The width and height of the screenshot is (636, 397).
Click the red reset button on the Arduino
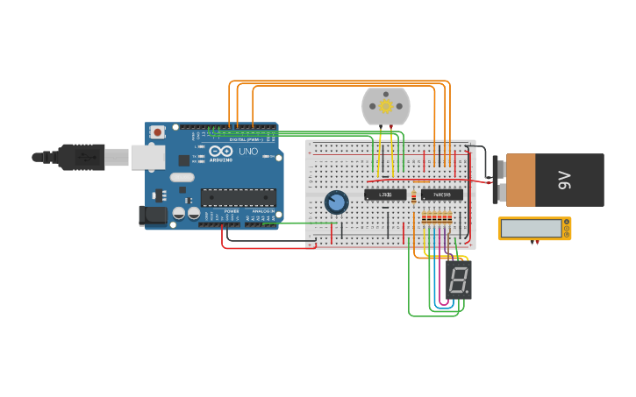click(x=157, y=132)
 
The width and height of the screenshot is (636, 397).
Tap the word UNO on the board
click(x=248, y=152)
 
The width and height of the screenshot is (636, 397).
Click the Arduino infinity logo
click(x=221, y=152)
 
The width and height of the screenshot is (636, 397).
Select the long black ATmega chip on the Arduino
click(x=238, y=197)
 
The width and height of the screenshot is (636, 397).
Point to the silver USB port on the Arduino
click(x=147, y=157)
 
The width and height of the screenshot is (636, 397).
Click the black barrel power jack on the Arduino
click(x=154, y=215)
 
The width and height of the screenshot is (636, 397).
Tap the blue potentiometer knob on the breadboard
click(x=336, y=202)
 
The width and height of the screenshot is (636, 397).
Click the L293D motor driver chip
click(x=385, y=195)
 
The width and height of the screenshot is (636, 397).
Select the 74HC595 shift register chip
click(x=441, y=195)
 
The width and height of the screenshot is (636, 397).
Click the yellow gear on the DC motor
click(x=386, y=106)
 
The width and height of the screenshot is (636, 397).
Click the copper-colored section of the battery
click(x=520, y=181)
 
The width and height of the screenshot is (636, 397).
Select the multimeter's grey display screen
click(x=532, y=229)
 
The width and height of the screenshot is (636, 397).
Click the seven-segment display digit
click(x=458, y=280)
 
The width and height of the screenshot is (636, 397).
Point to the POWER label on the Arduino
click(x=232, y=211)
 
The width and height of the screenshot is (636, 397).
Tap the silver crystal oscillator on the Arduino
click(x=182, y=177)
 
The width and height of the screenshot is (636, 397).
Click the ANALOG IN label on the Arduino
click(x=262, y=211)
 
